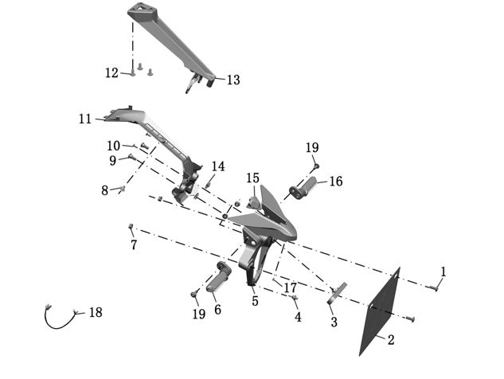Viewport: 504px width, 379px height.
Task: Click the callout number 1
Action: pos(443,272)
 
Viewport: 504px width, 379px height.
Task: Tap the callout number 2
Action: pos(391,340)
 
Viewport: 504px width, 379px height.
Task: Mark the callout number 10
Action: pos(114,146)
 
